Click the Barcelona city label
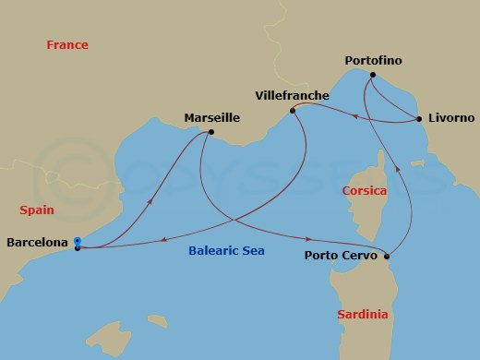[37, 244]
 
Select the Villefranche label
[291, 95]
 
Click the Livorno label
[451, 119]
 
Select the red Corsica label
[364, 191]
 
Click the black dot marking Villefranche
[293, 111]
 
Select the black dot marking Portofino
[372, 75]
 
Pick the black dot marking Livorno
[419, 119]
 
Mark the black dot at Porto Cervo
[386, 257]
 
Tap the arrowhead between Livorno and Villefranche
[355, 115]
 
